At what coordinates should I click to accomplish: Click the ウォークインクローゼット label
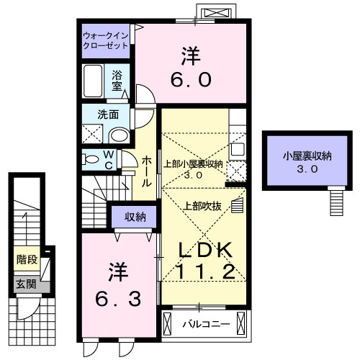coord(106,39)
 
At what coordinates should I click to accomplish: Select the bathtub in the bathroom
coord(94,80)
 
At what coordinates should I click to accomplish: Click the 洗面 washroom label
coord(108,113)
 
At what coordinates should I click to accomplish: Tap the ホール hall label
coord(146,172)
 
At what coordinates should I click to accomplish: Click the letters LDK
coord(205,248)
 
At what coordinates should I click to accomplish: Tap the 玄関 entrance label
coord(25,284)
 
